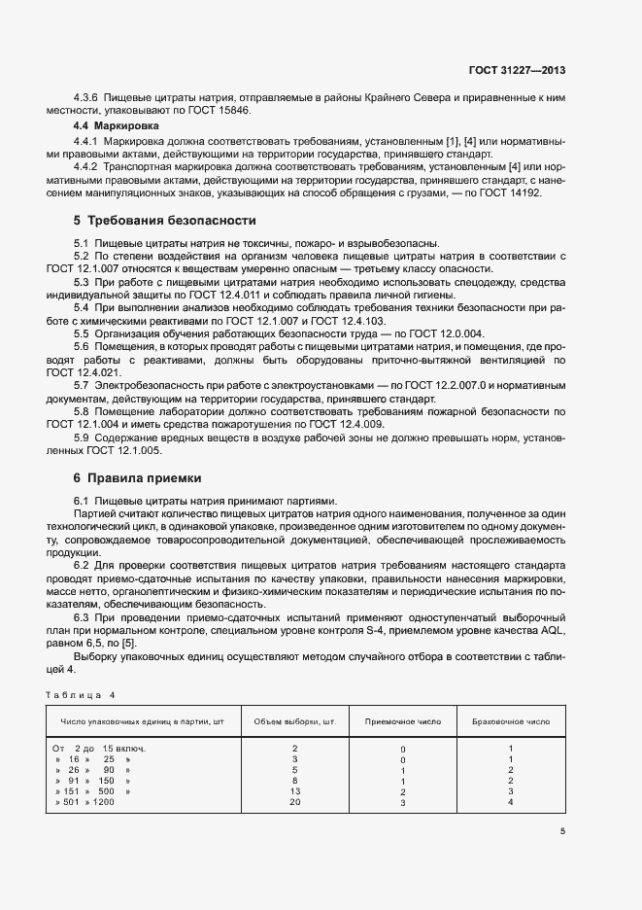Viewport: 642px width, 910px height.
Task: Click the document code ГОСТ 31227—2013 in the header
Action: point(517,70)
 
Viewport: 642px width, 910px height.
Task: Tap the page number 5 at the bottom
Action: point(562,830)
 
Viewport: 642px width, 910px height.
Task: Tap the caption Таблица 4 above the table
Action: point(81,694)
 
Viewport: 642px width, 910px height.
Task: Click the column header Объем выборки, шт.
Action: point(294,722)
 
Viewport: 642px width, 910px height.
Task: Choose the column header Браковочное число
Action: point(511,722)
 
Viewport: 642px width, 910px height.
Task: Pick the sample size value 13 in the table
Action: point(294,791)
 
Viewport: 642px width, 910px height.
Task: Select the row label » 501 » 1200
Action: point(84,802)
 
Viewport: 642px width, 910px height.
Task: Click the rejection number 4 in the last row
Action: point(511,802)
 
